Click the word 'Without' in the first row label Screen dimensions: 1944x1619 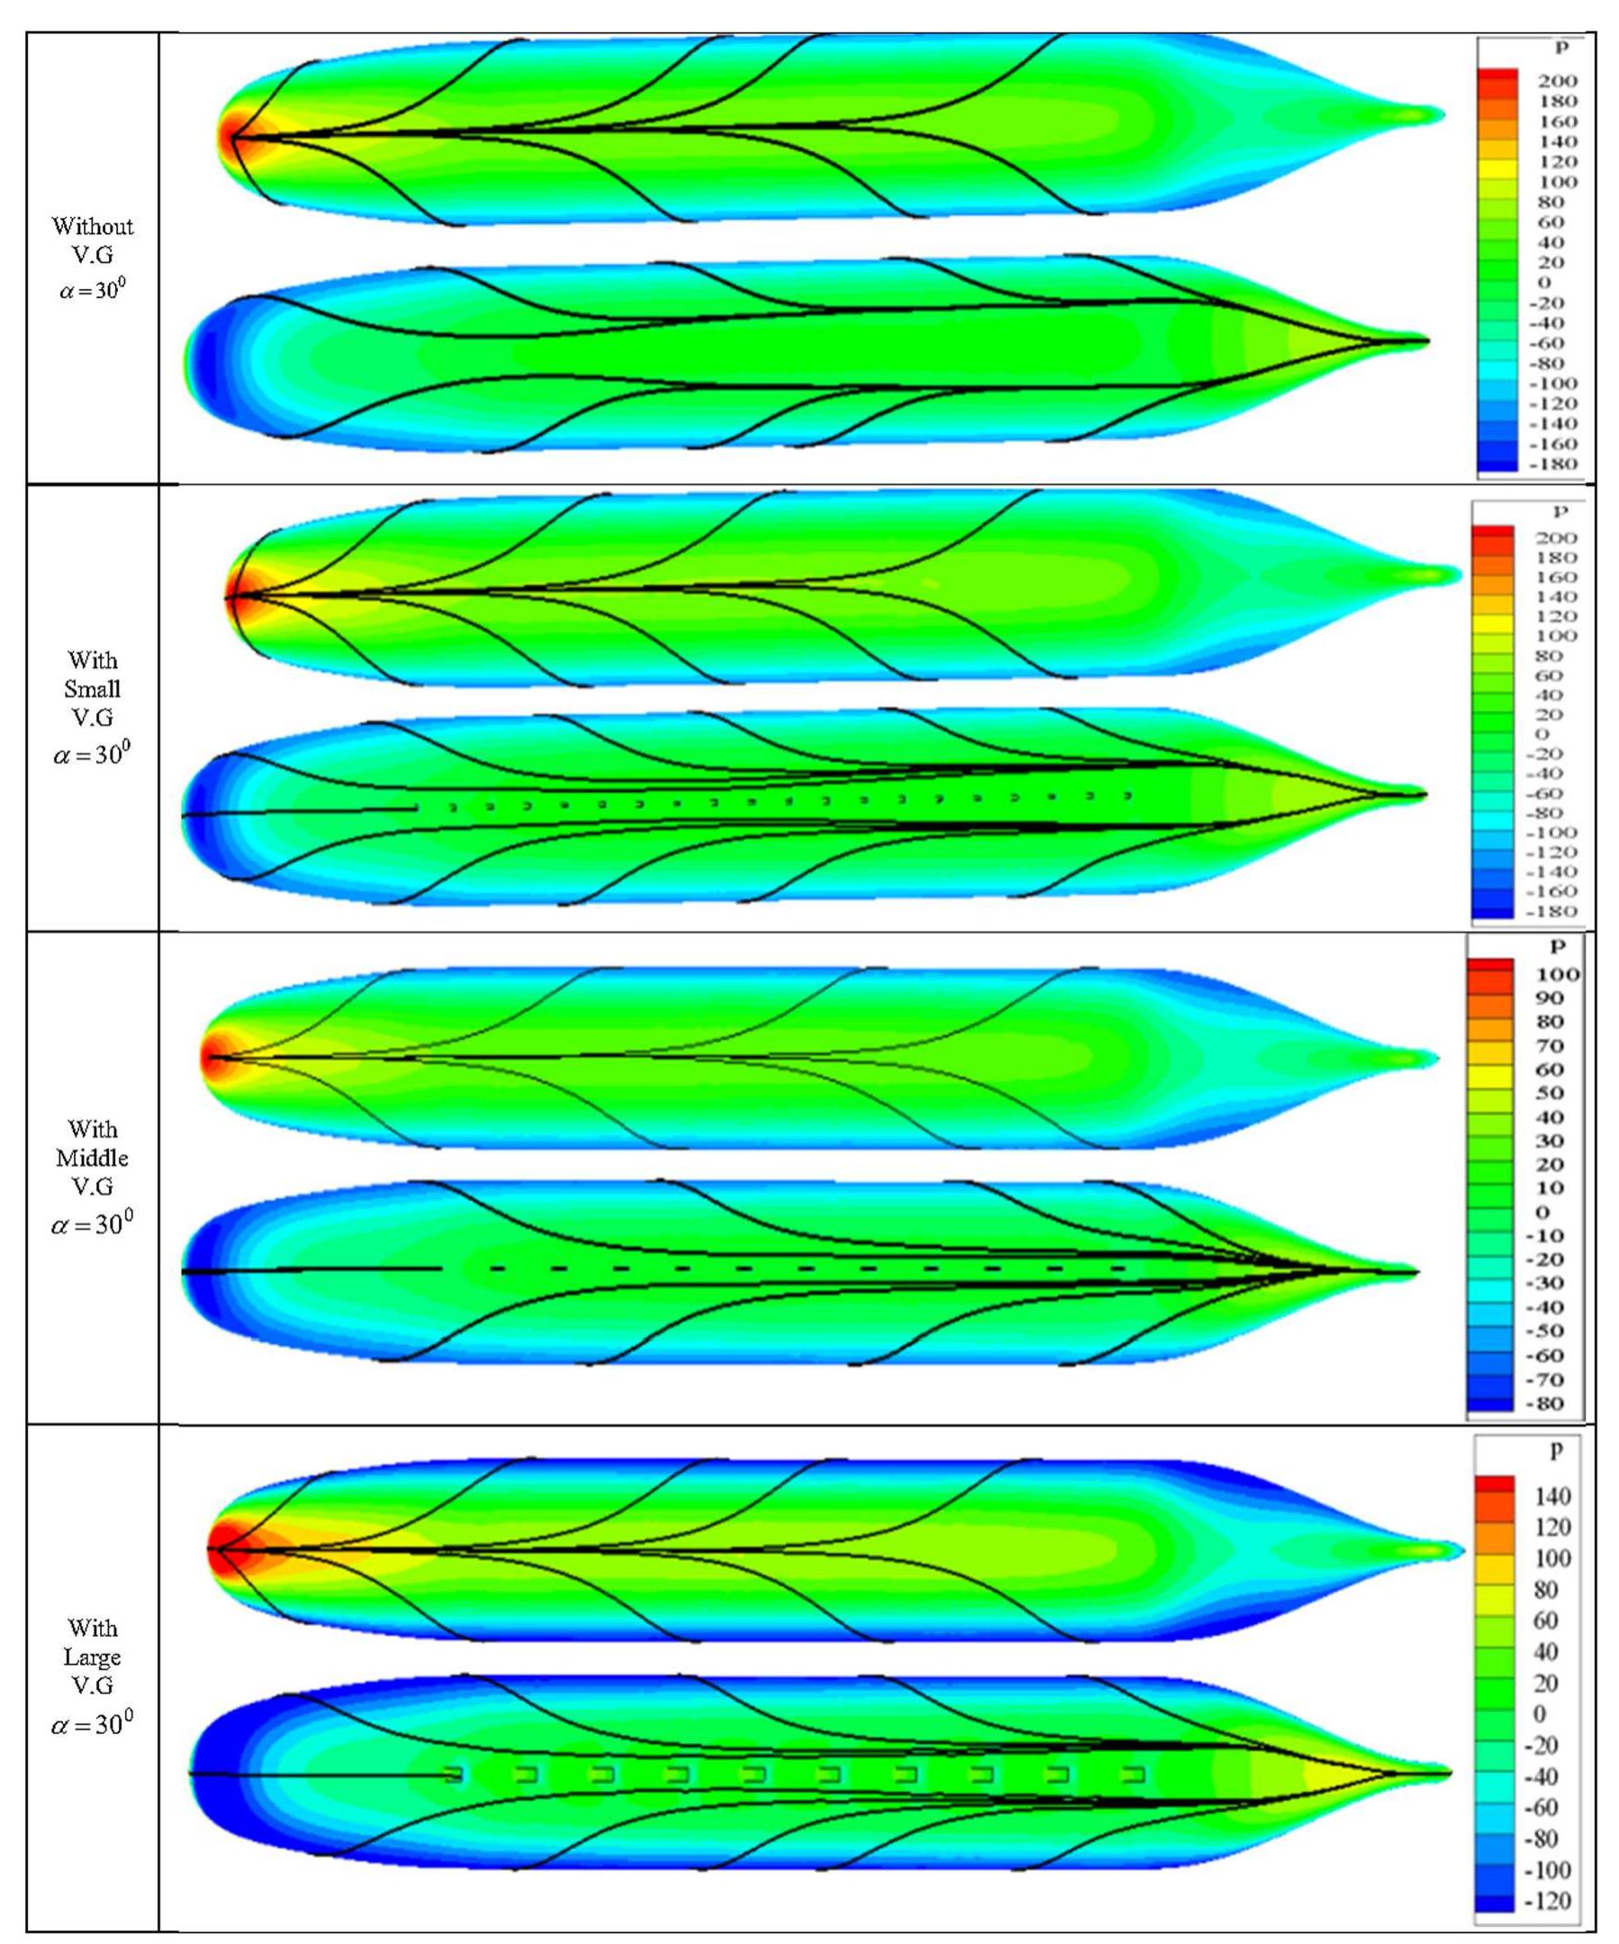92,226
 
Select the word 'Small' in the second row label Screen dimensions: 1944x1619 92,690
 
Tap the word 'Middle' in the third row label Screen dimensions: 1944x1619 92,1158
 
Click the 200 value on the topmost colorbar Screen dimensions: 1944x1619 1556,81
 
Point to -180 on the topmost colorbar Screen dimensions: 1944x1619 1554,464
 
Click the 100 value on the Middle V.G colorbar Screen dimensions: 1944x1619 1557,975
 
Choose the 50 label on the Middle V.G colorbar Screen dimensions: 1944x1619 1550,1093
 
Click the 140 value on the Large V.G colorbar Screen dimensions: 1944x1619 1553,1496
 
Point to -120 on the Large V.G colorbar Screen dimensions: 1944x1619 1547,1902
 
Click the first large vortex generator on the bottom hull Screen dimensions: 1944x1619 453,1775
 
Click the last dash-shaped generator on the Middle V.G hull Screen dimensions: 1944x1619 1118,1267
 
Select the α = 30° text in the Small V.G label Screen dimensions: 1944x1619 92,755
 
